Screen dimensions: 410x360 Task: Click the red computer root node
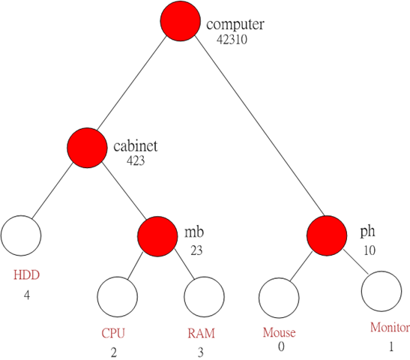tap(181, 21)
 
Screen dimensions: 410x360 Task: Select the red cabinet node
tap(87, 148)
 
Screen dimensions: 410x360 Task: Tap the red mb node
tap(157, 236)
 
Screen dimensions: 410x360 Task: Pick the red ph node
tap(327, 235)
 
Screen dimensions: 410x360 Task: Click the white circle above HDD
tap(21, 235)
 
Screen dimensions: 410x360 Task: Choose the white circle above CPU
tap(118, 297)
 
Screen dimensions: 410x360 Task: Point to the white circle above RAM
tap(204, 297)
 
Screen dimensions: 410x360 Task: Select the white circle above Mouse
tap(279, 298)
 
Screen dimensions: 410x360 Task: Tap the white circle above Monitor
tap(382, 291)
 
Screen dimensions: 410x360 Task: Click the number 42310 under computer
tap(232, 40)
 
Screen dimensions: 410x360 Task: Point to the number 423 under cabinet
tap(136, 160)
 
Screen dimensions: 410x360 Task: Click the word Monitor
tap(390, 327)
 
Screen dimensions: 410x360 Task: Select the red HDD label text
tap(26, 275)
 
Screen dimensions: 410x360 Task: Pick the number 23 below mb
tap(196, 250)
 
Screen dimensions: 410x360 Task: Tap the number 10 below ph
tap(370, 250)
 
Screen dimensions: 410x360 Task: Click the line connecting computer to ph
tap(259, 125)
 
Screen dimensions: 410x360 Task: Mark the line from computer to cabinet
tap(132, 82)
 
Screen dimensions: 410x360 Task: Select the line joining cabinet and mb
tap(124, 190)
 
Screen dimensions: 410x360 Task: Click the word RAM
tap(201, 333)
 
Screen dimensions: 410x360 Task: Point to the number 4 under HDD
tap(27, 295)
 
